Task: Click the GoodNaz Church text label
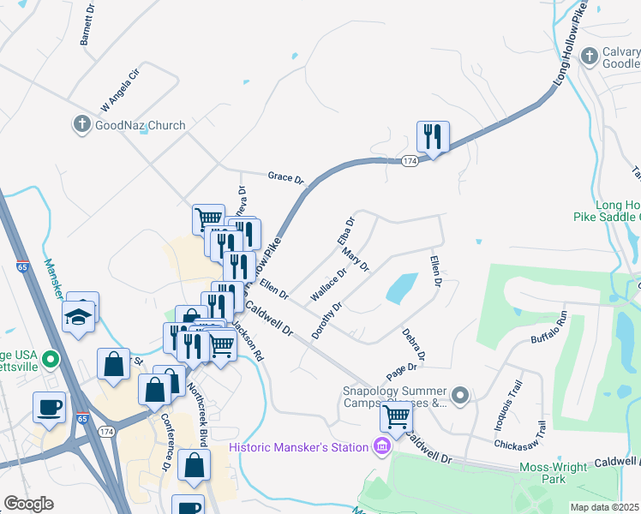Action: pos(141,125)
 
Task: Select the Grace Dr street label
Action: pos(286,178)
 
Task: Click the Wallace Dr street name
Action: pos(328,284)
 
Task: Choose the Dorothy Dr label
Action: pos(327,319)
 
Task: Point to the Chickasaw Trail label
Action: pos(518,434)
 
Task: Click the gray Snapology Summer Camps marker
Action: pos(461,395)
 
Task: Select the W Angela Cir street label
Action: pos(119,90)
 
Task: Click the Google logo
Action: pos(28,504)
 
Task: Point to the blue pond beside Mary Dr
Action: pos(402,288)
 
